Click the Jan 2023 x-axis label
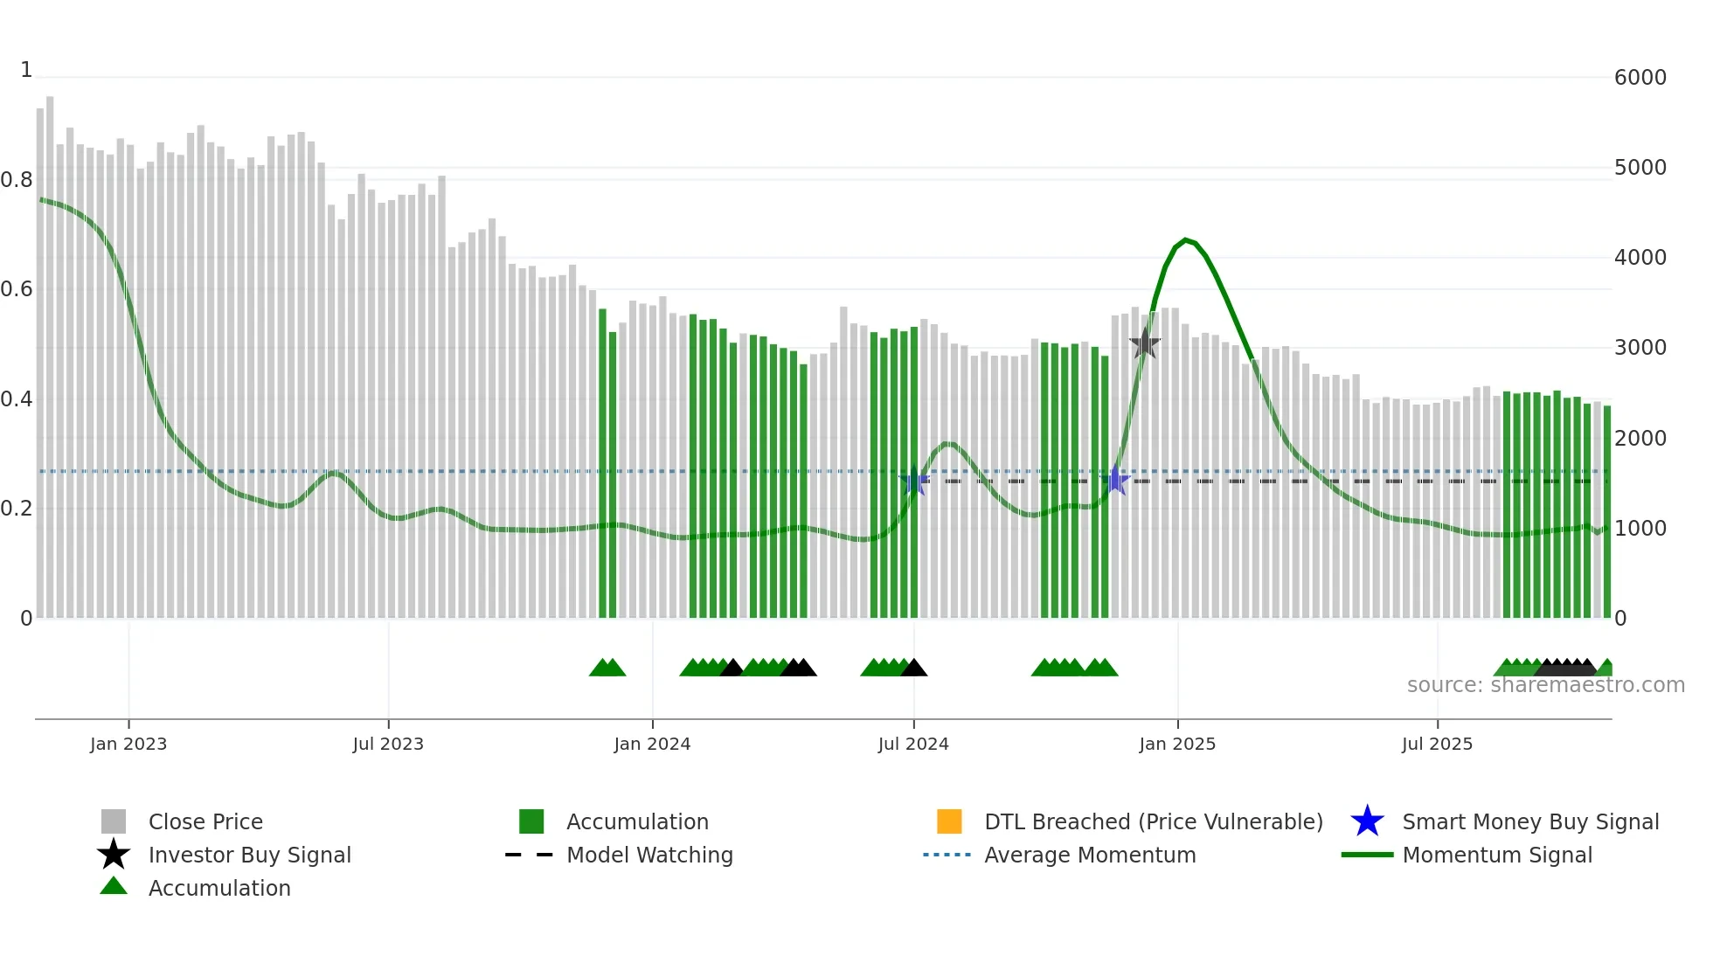click(x=128, y=744)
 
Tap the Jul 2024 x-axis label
click(x=913, y=744)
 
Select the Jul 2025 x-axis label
click(x=1437, y=744)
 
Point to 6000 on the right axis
click(x=1640, y=78)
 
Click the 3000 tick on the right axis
click(x=1640, y=348)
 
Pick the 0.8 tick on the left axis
click(x=17, y=180)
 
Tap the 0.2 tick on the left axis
click(x=17, y=509)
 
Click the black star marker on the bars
click(x=1144, y=344)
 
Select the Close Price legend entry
click(x=205, y=821)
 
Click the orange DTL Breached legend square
click(x=949, y=821)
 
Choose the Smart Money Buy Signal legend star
click(x=1367, y=821)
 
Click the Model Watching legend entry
click(x=649, y=855)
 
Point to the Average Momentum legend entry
click(x=1090, y=855)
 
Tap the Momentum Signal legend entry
click(x=1497, y=855)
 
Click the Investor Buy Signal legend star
click(x=114, y=855)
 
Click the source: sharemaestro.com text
click(x=1545, y=685)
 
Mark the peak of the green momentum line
click(x=1185, y=239)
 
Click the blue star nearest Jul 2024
click(x=914, y=481)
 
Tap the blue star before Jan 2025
click(x=1115, y=481)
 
